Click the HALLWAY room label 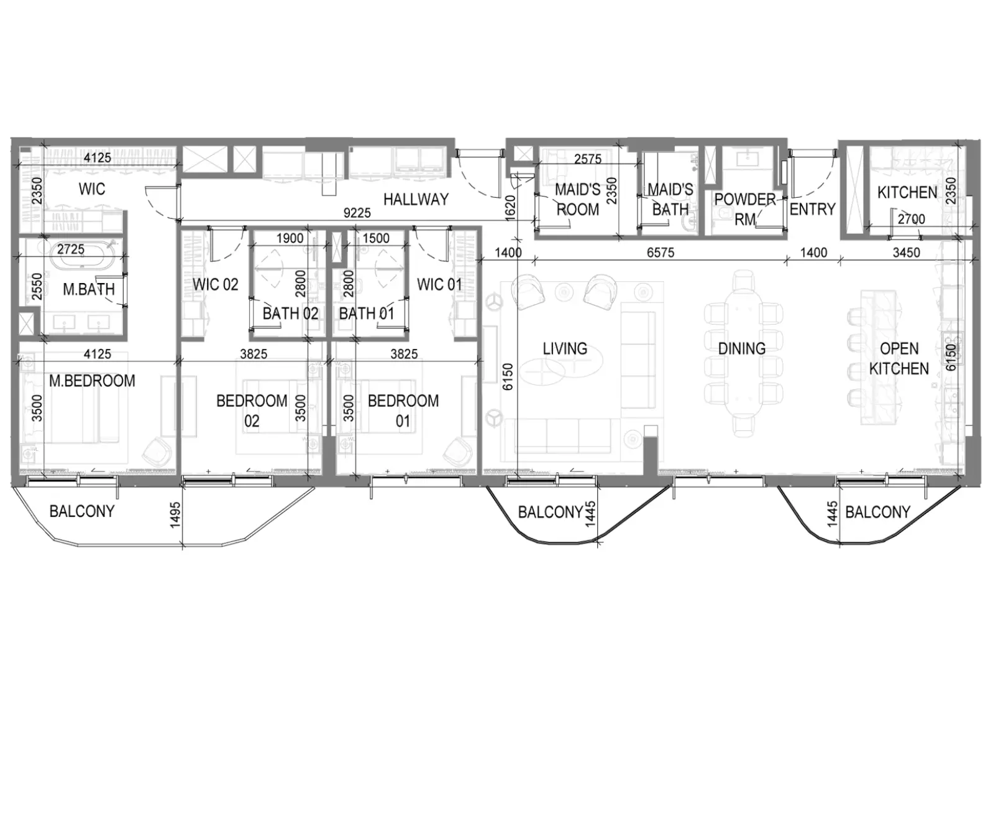416,200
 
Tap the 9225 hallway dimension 357,213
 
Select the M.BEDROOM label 93,381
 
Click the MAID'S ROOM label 578,200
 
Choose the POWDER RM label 745,209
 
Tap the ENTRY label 813,209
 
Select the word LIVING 565,349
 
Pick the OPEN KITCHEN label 899,359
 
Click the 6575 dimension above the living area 661,253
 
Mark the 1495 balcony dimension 175,515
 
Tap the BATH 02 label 290,313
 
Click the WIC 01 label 439,285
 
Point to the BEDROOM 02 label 252,411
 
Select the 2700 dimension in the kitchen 912,219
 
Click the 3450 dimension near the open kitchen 907,253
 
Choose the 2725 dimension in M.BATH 71,249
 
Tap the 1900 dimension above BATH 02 290,238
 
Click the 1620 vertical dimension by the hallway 510,208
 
